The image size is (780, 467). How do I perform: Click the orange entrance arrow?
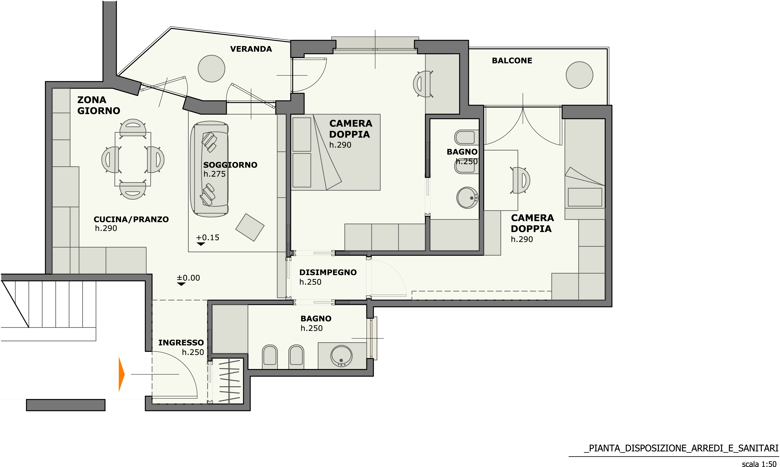tap(121, 374)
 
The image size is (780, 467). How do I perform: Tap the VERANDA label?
tap(251, 49)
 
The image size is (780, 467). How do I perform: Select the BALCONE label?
tap(512, 60)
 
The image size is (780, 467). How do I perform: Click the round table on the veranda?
tap(211, 69)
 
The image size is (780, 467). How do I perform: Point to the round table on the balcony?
tap(579, 75)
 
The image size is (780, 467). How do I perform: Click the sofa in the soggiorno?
tap(209, 169)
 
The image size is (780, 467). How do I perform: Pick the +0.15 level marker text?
tap(207, 238)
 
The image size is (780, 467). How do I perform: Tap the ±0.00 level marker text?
tap(188, 278)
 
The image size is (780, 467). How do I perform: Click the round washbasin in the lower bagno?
tap(341, 356)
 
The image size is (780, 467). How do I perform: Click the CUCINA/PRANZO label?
tap(131, 219)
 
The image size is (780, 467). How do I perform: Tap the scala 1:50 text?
tap(759, 464)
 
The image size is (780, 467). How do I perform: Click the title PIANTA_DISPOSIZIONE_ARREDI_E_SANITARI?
tap(681, 448)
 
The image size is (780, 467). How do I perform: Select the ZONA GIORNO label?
tap(99, 105)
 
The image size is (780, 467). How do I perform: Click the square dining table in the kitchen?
tap(133, 159)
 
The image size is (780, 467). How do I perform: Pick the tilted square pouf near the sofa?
tap(250, 227)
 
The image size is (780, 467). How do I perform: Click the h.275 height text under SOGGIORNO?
tap(214, 174)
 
